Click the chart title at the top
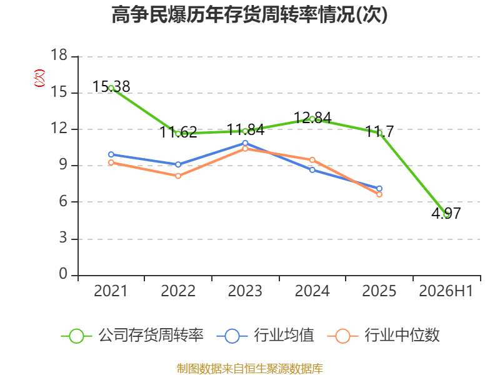point(249,14)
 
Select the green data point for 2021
point(111,88)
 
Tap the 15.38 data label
point(111,86)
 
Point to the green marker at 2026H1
point(446,214)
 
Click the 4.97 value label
point(446,213)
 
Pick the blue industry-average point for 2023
point(245,143)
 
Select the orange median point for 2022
point(178,176)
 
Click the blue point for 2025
point(379,189)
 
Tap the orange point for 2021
point(111,162)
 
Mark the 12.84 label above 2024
point(312,117)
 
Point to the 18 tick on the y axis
point(59,55)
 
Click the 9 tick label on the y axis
point(63,164)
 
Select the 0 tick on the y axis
point(63,274)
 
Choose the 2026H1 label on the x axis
point(446,291)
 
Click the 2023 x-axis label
point(245,291)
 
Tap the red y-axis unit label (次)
point(39,78)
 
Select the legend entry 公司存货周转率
point(132,336)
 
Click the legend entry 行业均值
point(265,336)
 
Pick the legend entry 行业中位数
point(384,336)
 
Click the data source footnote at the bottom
point(249,368)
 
